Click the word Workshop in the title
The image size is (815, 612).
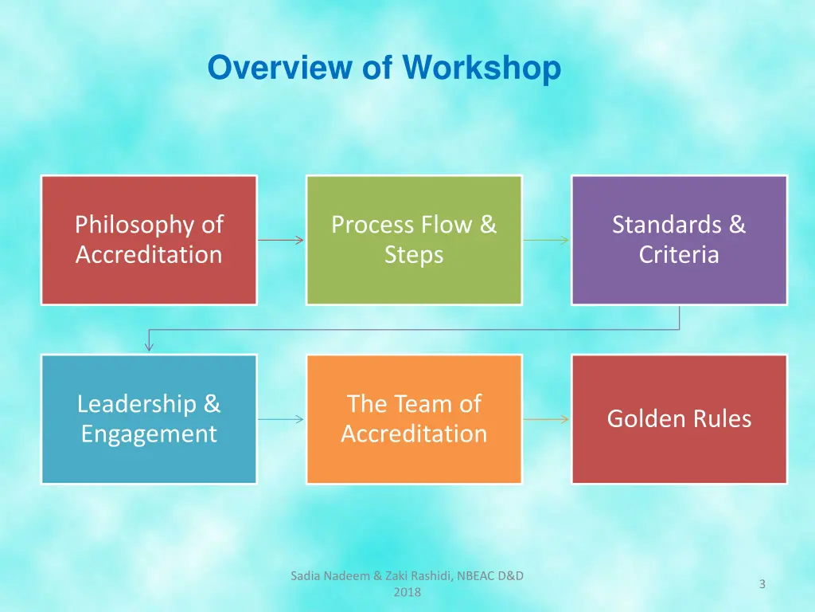coord(482,68)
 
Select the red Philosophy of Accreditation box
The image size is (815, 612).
coord(149,240)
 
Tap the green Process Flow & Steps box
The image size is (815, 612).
coord(414,240)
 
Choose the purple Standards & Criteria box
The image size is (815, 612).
coord(679,240)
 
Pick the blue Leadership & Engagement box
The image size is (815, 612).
coord(149,419)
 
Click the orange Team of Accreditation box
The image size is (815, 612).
coord(414,419)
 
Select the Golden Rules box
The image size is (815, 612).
coord(679,419)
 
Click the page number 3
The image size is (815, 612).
coord(762,584)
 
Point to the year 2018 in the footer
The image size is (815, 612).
coord(407,592)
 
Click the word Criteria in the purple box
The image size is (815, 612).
coord(679,255)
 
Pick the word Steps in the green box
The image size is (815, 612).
coord(414,255)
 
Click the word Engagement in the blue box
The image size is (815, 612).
coord(149,434)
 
